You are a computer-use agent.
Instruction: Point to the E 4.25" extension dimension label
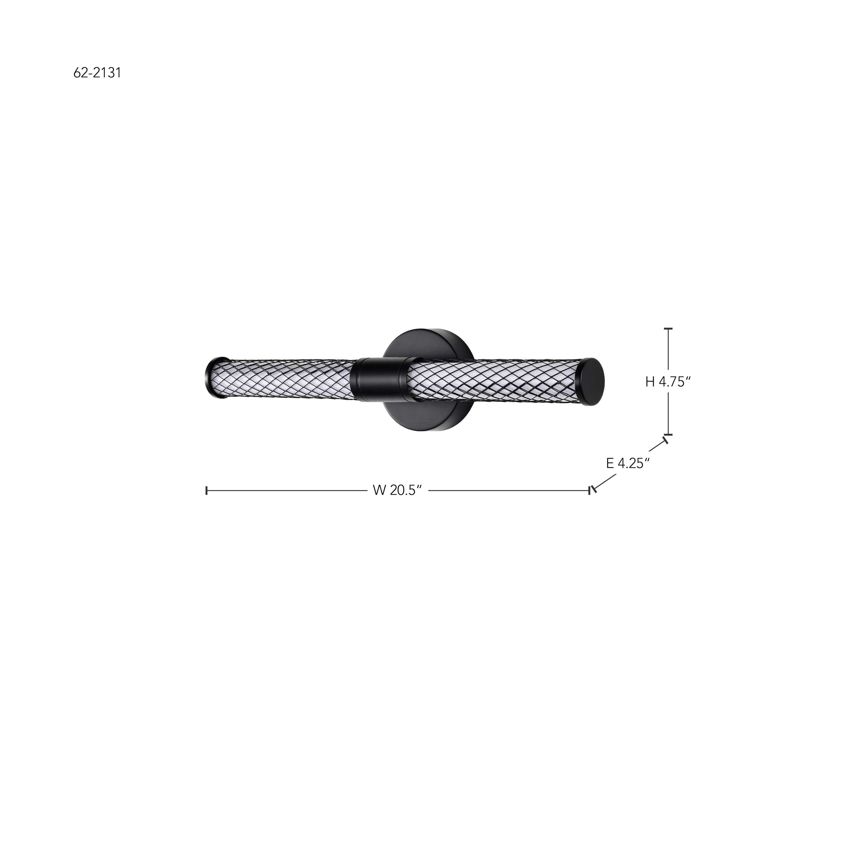628,463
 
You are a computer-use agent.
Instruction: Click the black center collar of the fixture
379,379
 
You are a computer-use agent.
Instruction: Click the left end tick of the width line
206,491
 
